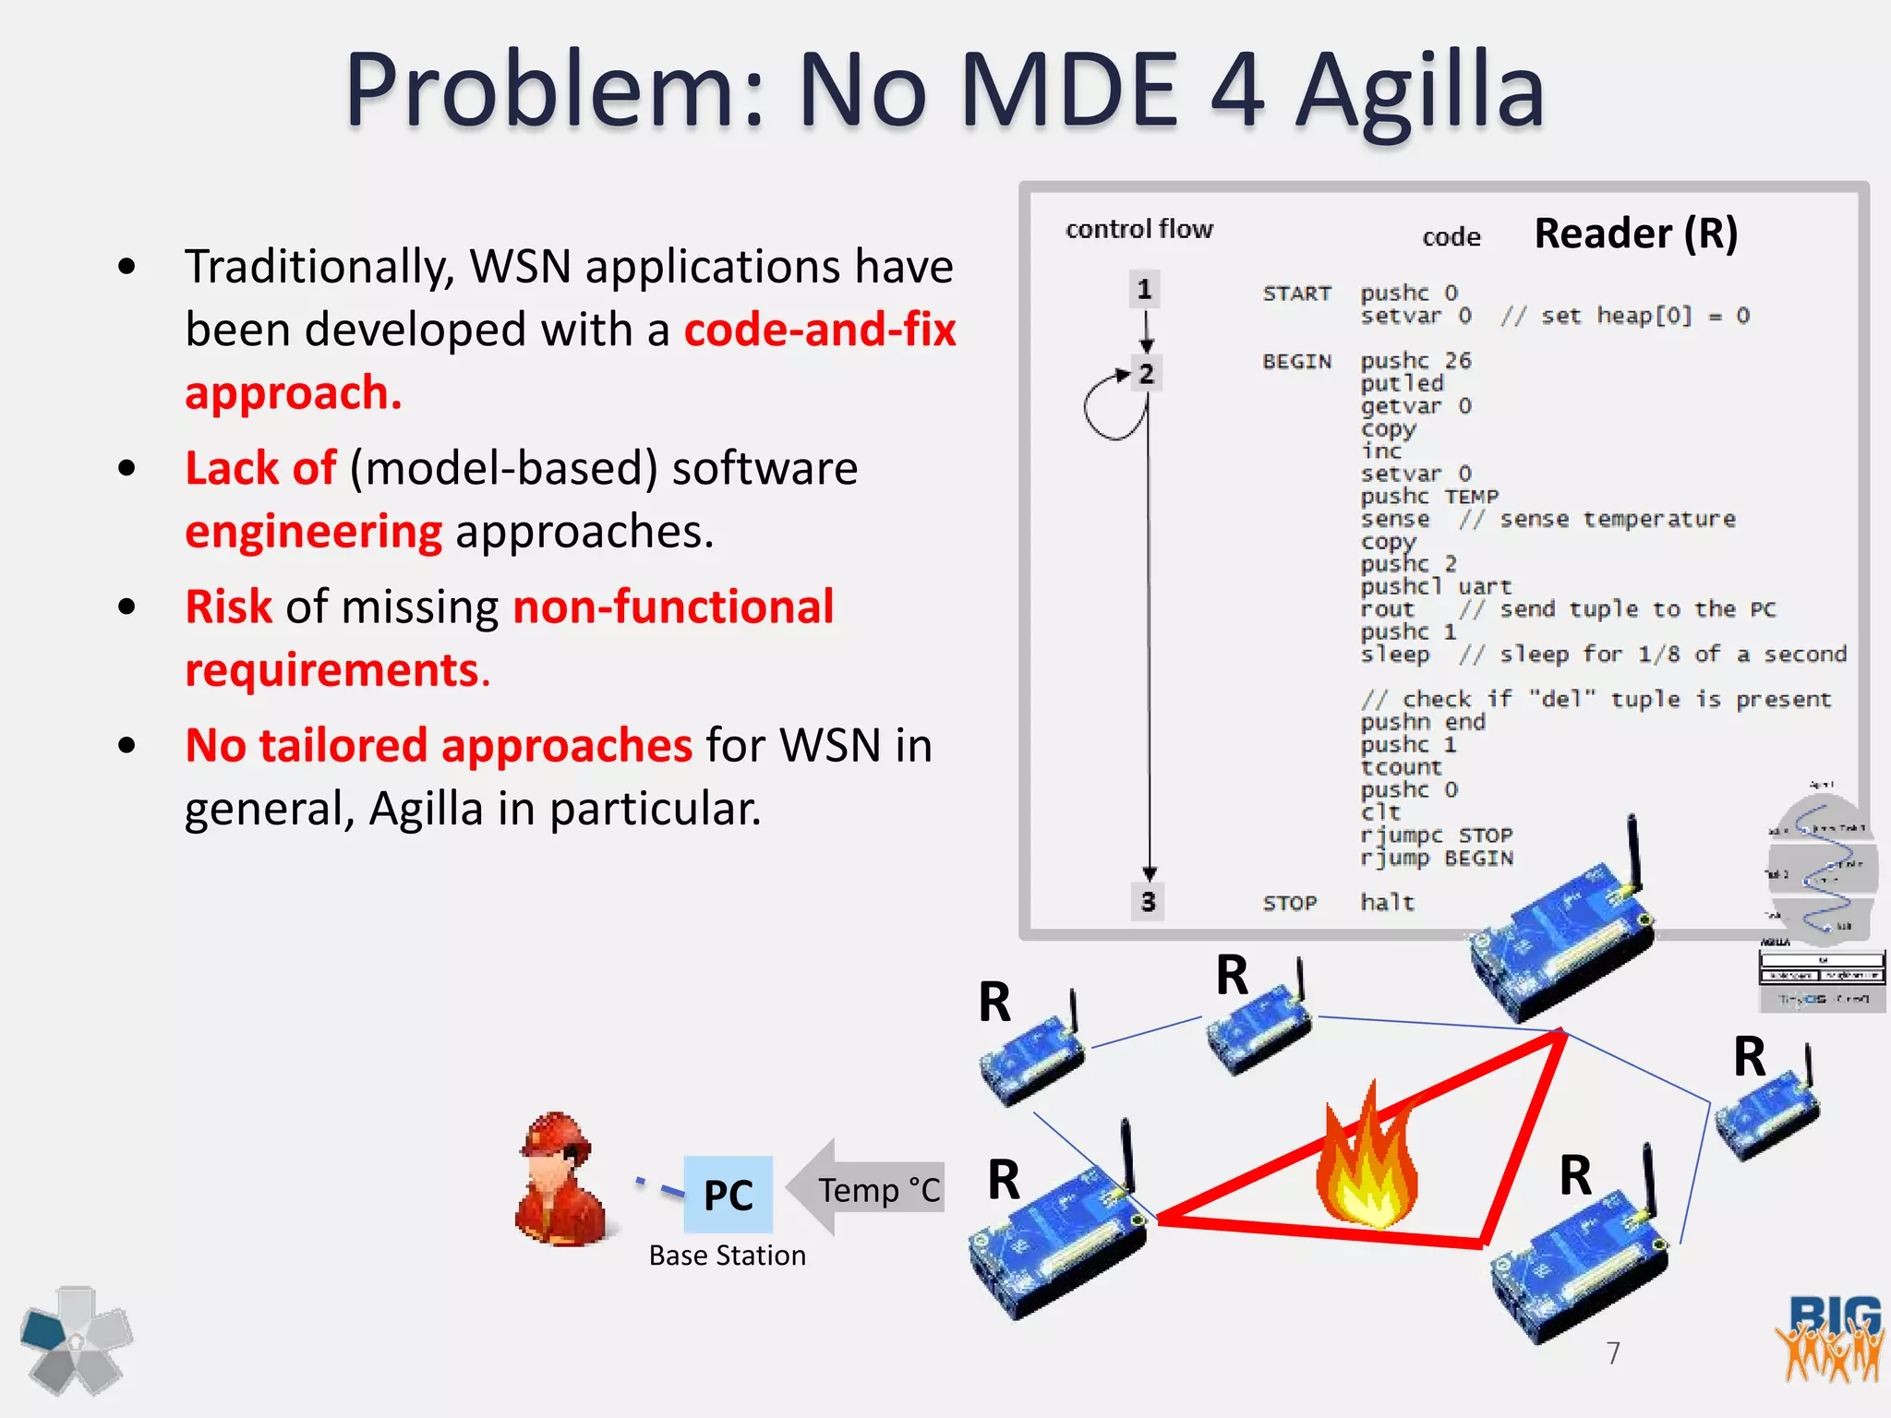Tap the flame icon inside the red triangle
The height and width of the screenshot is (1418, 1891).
[1367, 1163]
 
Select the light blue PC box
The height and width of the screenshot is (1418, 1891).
[728, 1195]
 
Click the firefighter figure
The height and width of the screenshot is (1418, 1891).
[561, 1182]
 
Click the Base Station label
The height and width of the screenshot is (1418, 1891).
[727, 1256]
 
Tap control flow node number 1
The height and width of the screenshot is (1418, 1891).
[1145, 290]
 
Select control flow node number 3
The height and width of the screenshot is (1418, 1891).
[1148, 901]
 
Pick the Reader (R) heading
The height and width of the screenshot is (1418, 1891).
[1635, 233]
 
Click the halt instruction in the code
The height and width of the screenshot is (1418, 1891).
[1387, 902]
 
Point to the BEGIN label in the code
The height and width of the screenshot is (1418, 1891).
[1296, 361]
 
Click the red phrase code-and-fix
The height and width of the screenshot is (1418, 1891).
[820, 330]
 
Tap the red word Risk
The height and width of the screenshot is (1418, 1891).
[228, 607]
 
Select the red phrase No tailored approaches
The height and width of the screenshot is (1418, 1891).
[439, 745]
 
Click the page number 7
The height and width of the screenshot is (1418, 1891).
[1613, 1353]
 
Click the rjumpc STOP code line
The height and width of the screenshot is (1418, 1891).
[1436, 835]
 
